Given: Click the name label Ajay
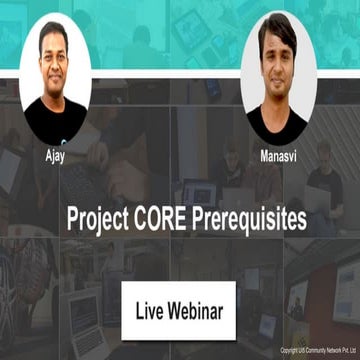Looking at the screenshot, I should (54, 158).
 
